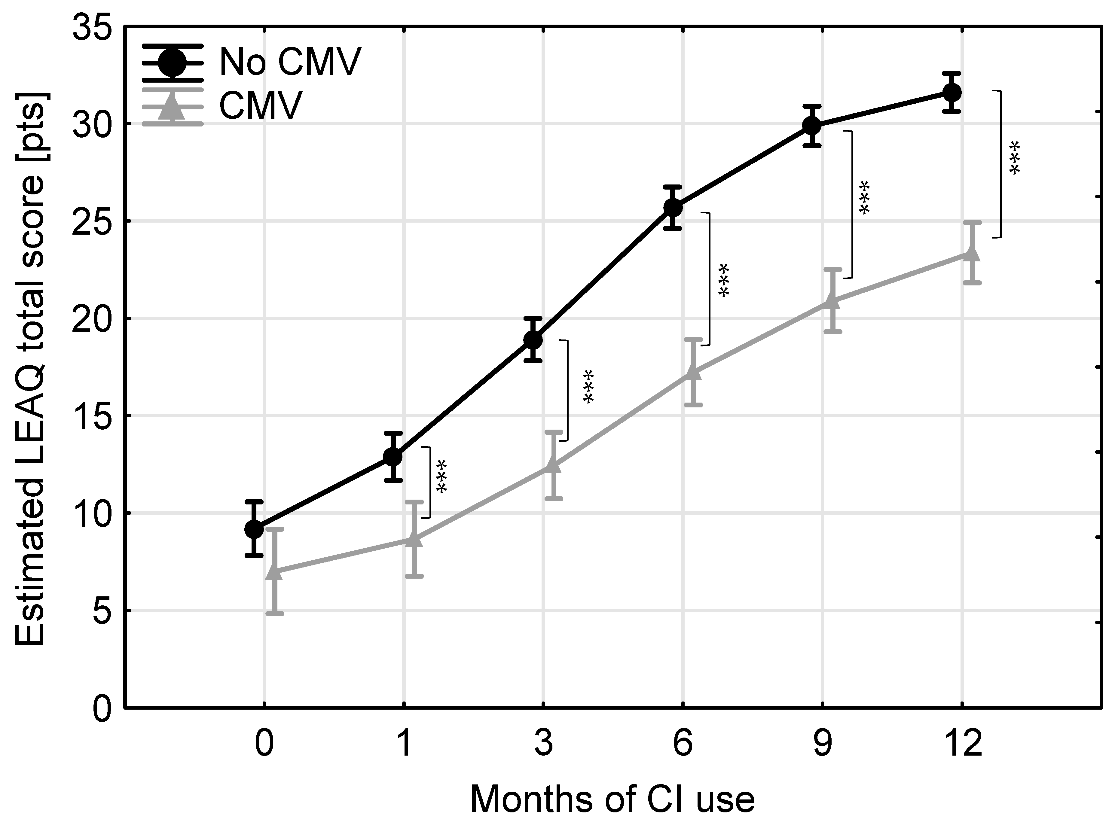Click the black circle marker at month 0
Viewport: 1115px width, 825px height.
coord(254,529)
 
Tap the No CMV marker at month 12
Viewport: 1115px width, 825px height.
coord(952,93)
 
